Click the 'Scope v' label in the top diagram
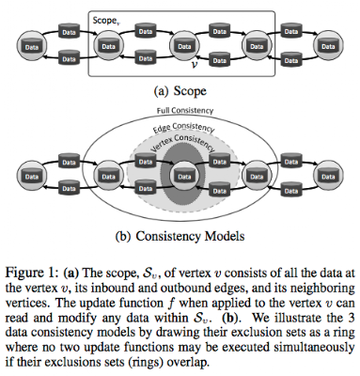pyautogui.click(x=106, y=21)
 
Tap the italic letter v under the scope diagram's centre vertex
pyautogui.click(x=195, y=65)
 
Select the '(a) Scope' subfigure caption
pyautogui.click(x=180, y=91)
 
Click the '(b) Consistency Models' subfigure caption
pyautogui.click(x=180, y=236)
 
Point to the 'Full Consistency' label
pyautogui.click(x=185, y=111)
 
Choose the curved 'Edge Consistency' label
pyautogui.click(x=183, y=127)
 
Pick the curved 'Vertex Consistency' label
pyautogui.click(x=183, y=143)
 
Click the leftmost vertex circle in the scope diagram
pyautogui.click(x=32, y=46)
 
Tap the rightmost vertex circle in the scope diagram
pyautogui.click(x=328, y=46)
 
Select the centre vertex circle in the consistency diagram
pyautogui.click(x=184, y=176)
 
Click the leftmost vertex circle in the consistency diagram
pyautogui.click(x=32, y=176)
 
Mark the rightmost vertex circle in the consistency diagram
pyautogui.click(x=328, y=176)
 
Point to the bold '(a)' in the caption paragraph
pyautogui.click(x=71, y=273)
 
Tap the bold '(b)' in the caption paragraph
pyautogui.click(x=230, y=318)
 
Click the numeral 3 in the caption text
pyautogui.click(x=352, y=318)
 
